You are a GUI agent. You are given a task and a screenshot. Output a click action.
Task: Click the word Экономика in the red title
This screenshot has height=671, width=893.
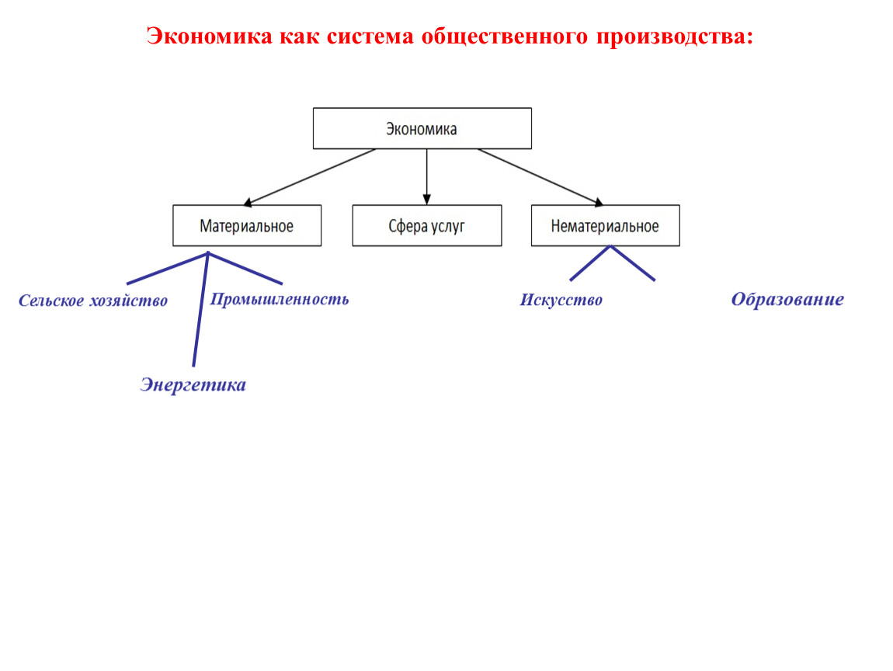point(210,36)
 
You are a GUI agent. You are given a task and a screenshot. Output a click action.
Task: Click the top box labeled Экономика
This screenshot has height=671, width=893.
point(422,128)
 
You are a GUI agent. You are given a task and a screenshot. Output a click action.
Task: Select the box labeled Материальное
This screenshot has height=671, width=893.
point(247,225)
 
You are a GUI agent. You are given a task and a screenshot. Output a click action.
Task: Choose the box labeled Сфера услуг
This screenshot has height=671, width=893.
point(426,225)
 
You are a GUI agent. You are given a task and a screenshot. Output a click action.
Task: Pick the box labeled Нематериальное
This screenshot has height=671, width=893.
point(605,225)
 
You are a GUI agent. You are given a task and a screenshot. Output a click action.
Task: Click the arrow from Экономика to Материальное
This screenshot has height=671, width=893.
point(309,177)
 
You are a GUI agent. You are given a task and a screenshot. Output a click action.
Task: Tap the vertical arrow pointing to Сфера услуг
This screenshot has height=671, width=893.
point(426,176)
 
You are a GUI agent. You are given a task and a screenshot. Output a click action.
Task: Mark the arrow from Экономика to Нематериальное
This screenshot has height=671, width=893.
point(540,177)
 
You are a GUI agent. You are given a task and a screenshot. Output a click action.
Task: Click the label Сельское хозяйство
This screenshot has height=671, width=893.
point(93,301)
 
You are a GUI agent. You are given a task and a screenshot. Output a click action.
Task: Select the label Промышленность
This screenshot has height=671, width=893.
point(279,299)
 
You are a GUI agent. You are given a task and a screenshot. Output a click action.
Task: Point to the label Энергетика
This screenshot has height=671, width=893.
point(193,385)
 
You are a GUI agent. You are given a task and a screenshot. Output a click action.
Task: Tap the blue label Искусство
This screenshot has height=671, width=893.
point(561,300)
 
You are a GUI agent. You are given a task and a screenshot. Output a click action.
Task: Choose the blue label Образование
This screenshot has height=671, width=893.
point(787,299)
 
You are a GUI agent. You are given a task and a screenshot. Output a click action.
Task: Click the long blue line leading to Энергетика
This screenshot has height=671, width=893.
point(200,309)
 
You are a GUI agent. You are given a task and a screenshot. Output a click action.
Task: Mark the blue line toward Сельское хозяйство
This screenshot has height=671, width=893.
point(168,268)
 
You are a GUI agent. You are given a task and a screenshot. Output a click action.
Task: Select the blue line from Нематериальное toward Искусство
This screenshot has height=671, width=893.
point(590,263)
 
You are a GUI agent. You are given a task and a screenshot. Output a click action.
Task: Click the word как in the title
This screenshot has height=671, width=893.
point(300,36)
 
